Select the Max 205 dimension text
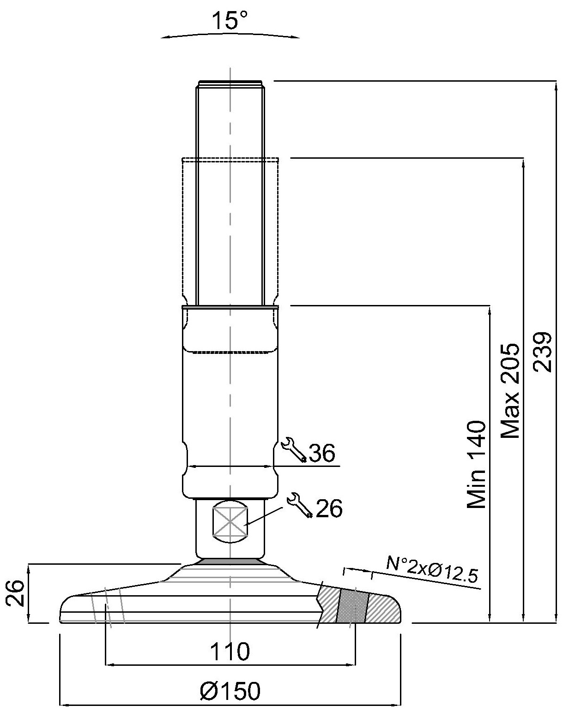tap(510, 390)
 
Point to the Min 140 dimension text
tap(477, 464)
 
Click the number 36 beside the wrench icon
tap(322, 454)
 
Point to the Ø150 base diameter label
tap(230, 691)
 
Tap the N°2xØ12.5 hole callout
tap(432, 570)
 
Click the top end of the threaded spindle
tap(230, 84)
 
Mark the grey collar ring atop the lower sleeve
tap(230, 306)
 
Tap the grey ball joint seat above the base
tap(230, 561)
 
